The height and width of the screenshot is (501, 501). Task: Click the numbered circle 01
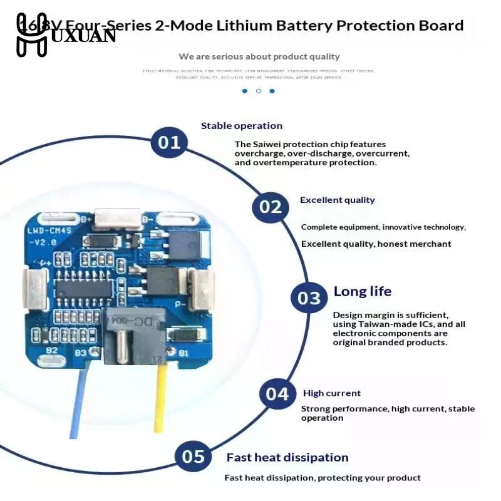169,142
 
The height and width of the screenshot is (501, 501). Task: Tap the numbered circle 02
271,207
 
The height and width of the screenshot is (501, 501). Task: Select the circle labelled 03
309,297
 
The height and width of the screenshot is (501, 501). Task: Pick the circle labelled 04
277,394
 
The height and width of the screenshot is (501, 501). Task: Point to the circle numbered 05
193,457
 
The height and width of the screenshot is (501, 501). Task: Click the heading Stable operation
241,126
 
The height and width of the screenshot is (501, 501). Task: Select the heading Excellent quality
337,200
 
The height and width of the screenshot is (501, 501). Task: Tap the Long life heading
362,291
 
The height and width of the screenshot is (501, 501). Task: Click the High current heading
332,393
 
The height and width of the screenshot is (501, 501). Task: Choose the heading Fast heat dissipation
287,458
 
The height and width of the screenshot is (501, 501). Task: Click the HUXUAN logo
65,34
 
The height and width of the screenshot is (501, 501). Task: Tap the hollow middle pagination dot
258,91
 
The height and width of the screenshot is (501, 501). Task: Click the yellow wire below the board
161,401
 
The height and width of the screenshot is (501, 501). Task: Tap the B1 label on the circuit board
183,353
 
